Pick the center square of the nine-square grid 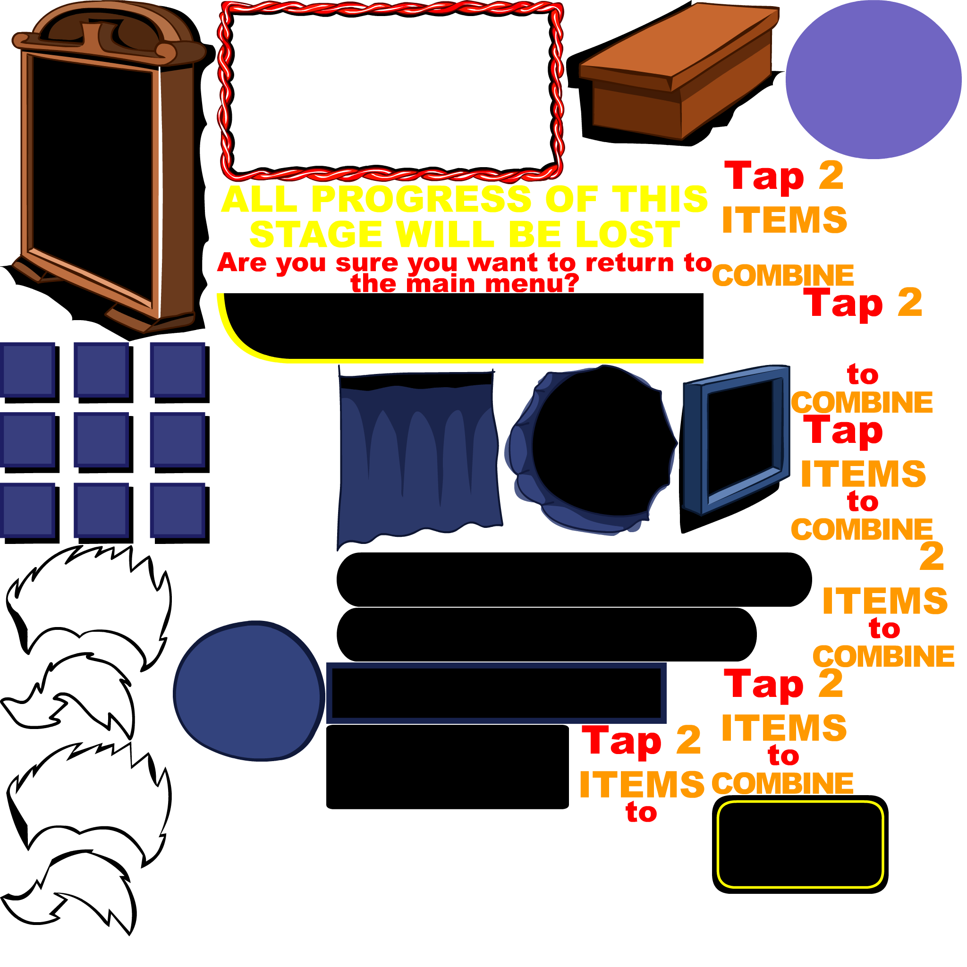tap(101, 440)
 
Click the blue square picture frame tap(736, 441)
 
